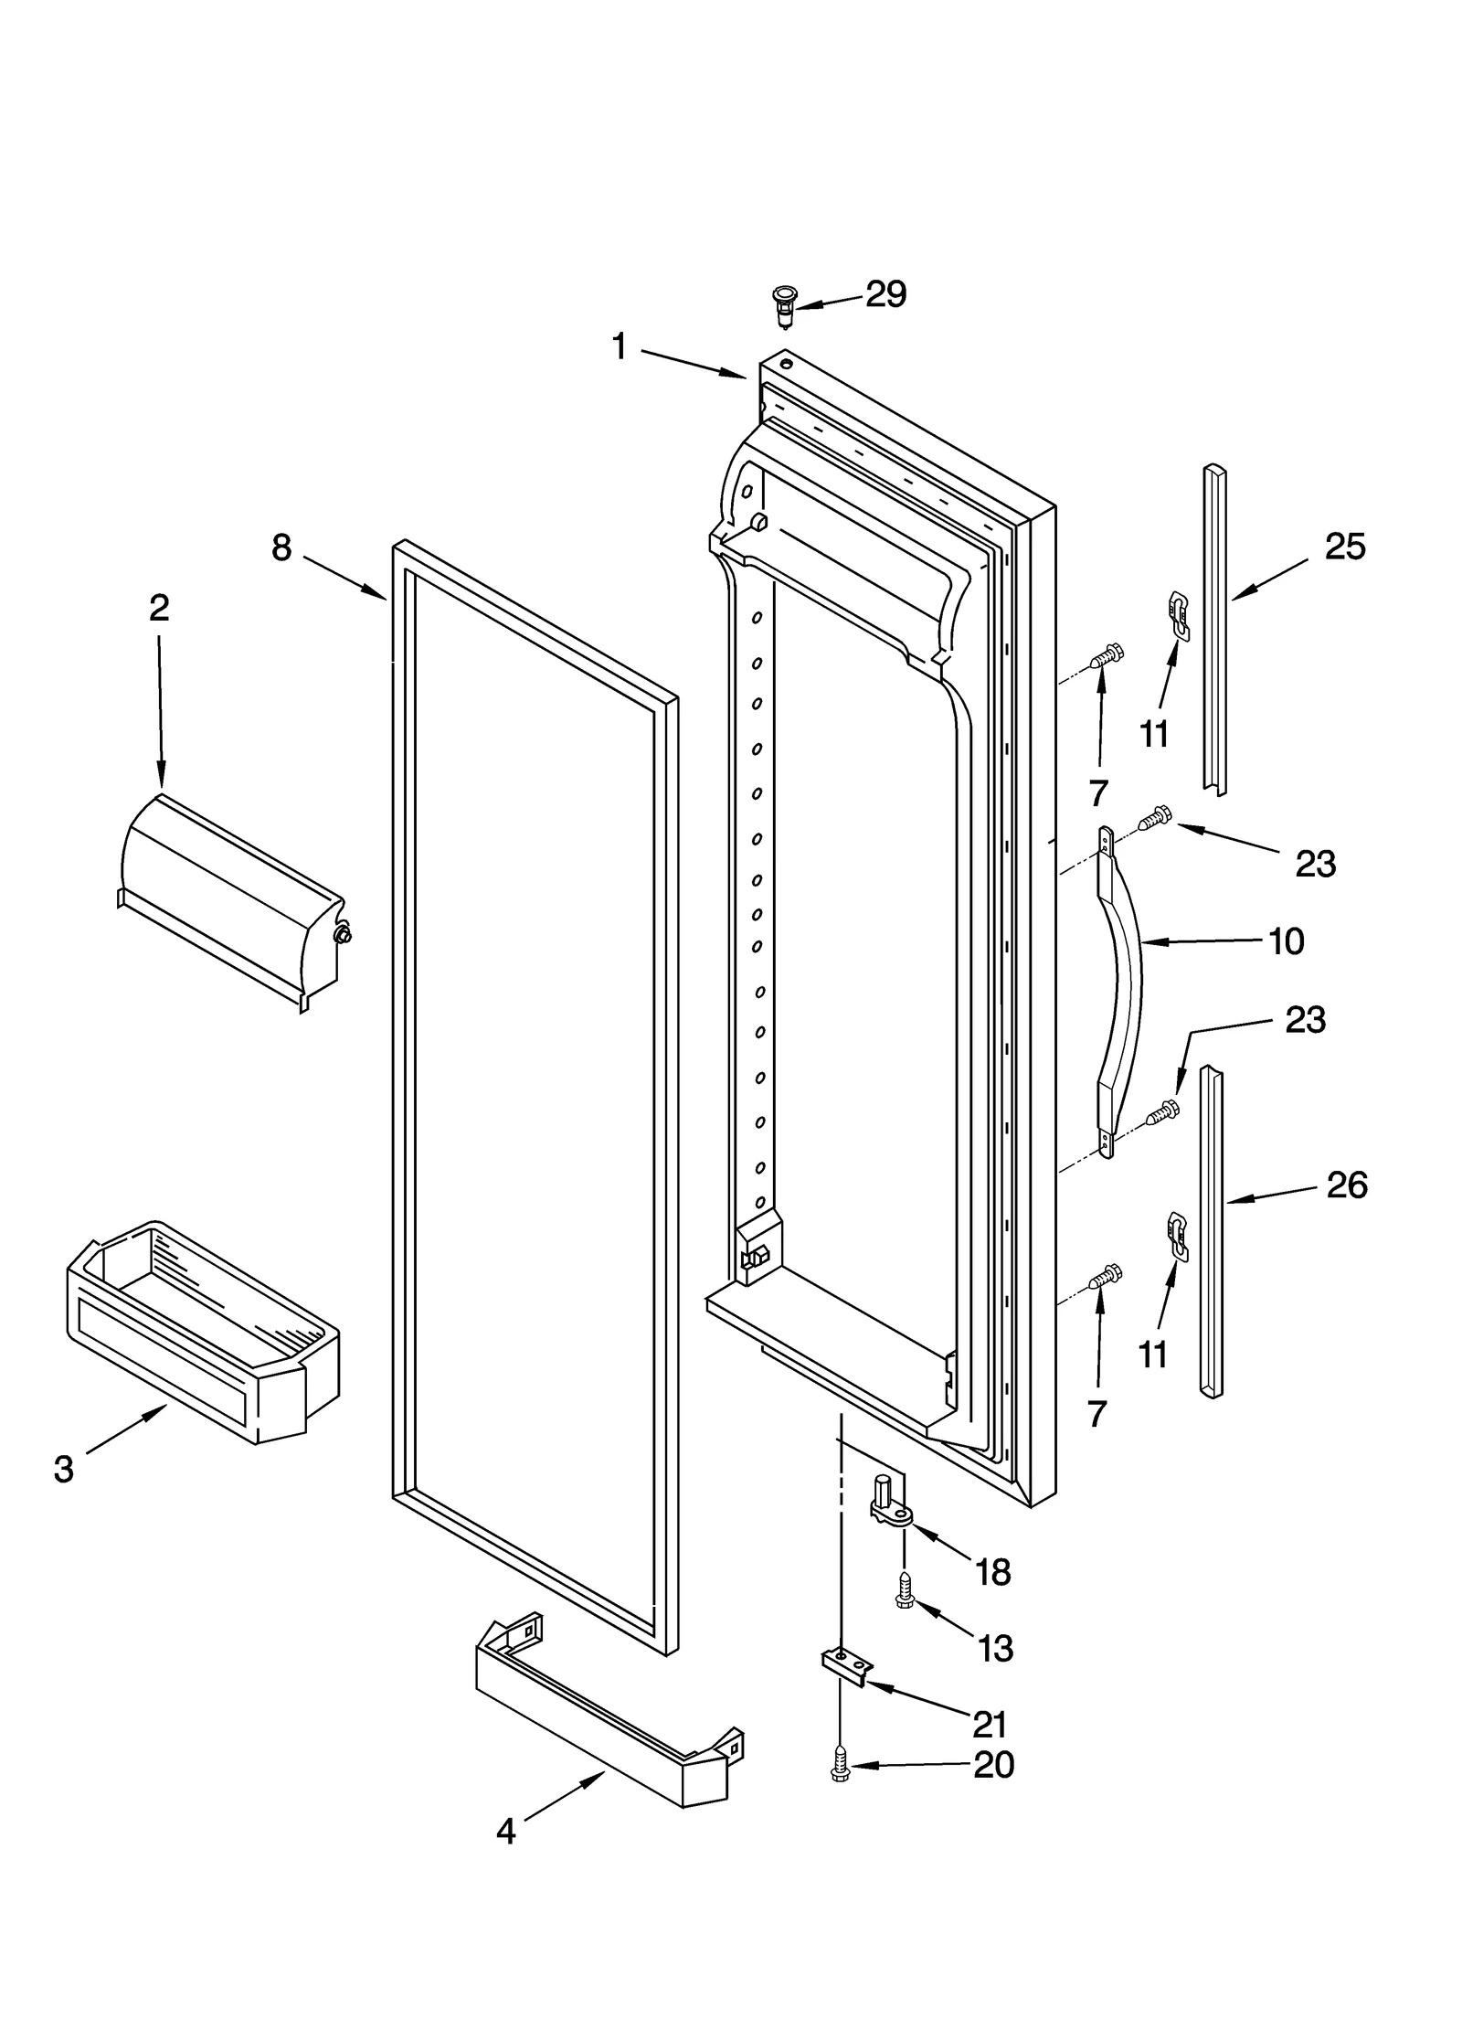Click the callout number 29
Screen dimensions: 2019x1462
point(885,294)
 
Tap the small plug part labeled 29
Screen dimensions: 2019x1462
point(784,306)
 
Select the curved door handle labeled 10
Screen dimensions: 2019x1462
point(1122,992)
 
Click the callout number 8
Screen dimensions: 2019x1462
point(281,547)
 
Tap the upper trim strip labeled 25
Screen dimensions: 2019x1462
point(1214,631)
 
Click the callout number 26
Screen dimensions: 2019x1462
point(1346,1185)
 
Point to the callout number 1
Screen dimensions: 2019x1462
point(620,347)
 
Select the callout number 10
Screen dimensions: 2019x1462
point(1286,940)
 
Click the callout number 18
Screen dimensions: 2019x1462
point(992,1572)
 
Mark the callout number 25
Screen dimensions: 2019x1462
point(1345,547)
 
